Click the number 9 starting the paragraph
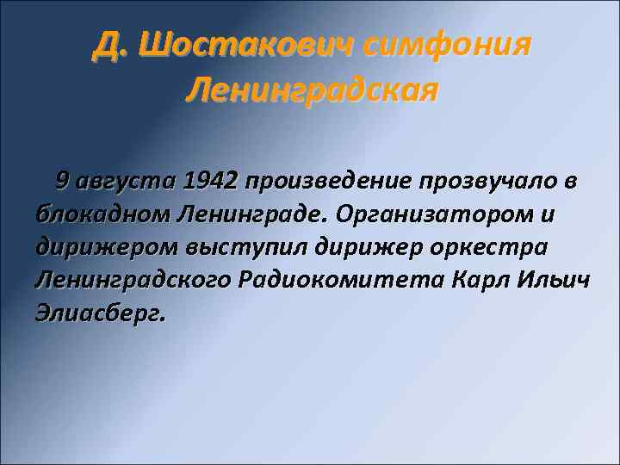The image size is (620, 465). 62,182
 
